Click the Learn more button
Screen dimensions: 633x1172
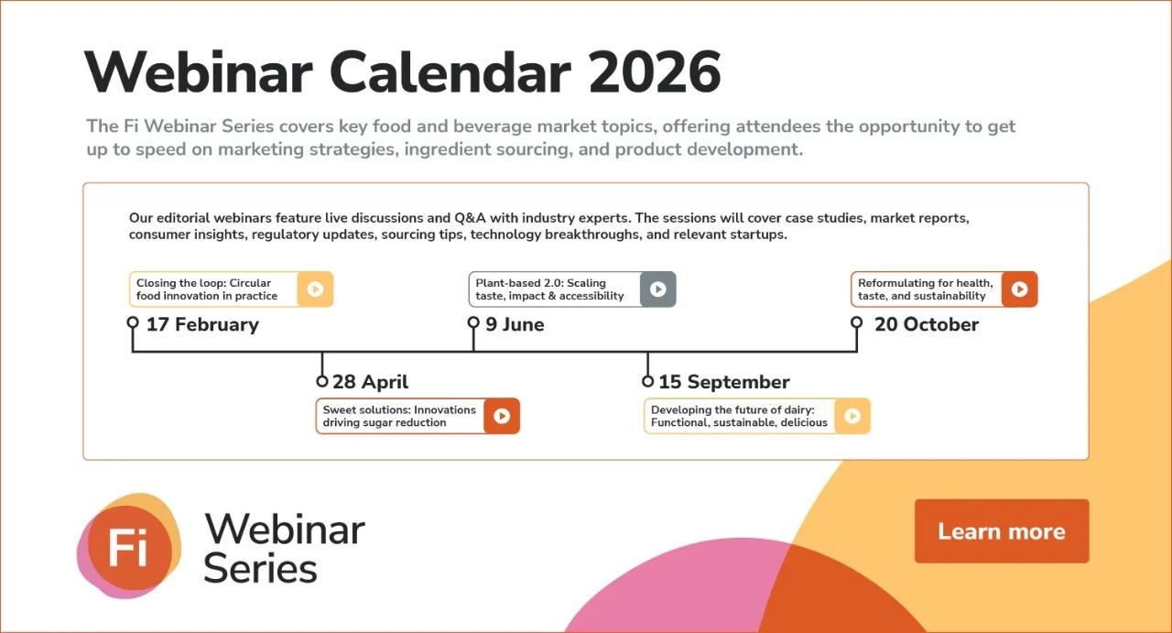click(1001, 531)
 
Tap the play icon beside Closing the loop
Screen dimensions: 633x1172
click(315, 289)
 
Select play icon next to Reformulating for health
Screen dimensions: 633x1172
click(1019, 289)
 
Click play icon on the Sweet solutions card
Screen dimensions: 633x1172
click(502, 416)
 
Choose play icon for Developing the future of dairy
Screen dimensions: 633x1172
click(852, 416)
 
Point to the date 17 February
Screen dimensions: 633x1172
click(202, 324)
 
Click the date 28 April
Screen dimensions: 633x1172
click(370, 382)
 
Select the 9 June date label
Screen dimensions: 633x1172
click(515, 324)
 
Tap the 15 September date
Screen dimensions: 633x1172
click(723, 382)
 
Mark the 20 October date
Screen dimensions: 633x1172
click(926, 324)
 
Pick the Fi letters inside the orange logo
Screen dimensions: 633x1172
click(127, 547)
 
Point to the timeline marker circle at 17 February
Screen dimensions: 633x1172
click(133, 322)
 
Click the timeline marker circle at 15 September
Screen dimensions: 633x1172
click(648, 381)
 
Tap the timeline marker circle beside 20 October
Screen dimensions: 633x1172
click(857, 322)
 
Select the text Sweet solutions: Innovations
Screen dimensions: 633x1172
click(399, 409)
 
